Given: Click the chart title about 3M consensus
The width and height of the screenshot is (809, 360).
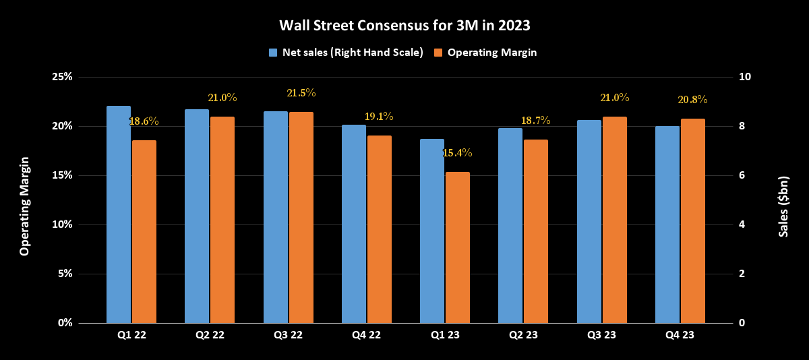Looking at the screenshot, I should (x=404, y=26).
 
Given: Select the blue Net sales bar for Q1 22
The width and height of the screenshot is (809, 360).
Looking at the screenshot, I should (x=119, y=214).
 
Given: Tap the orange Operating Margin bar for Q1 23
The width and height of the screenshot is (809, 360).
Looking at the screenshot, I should (x=457, y=247).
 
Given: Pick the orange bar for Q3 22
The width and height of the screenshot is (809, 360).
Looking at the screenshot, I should (x=301, y=217).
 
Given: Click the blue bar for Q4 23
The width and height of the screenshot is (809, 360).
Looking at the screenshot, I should (x=667, y=224).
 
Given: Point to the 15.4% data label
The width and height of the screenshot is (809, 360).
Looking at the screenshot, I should (x=457, y=153).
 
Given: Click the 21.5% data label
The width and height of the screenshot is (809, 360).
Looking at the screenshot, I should (x=301, y=93).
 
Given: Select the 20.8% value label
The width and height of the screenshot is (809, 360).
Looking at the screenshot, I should (x=692, y=100).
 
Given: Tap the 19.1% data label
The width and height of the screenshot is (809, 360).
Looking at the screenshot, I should (x=379, y=117).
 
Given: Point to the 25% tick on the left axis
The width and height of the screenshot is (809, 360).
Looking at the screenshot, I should (x=61, y=77).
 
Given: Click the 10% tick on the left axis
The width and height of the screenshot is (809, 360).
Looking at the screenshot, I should (x=61, y=224).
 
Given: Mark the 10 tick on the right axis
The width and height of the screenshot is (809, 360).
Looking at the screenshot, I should (x=746, y=77).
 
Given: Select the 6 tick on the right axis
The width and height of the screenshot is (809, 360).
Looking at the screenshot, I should (x=742, y=175).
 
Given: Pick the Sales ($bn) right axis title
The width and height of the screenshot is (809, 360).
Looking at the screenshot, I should (x=783, y=200).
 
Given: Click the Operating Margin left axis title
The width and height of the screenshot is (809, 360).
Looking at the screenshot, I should (x=24, y=206).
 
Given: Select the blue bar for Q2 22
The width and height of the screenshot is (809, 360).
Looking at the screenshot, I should (x=197, y=216).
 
